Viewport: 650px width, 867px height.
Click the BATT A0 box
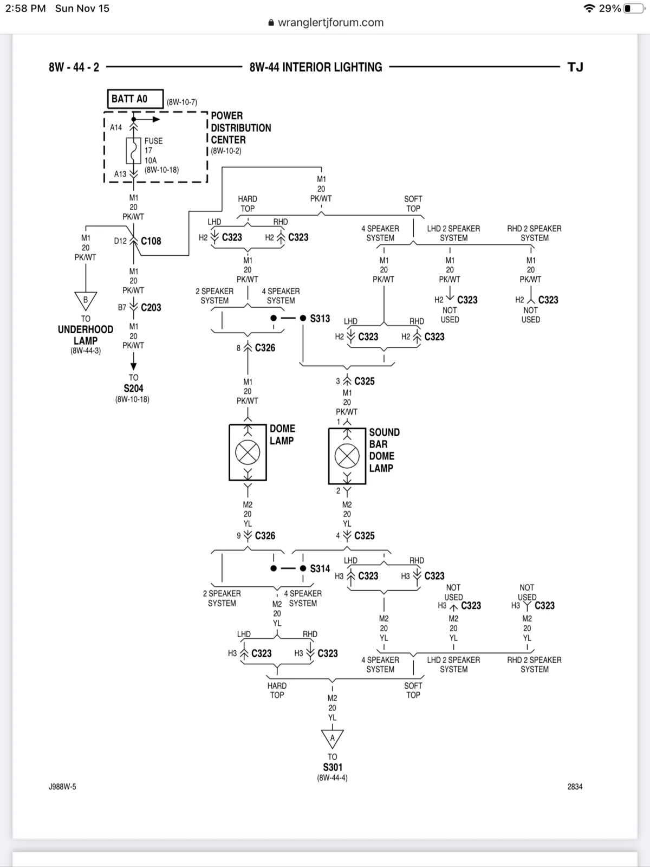135,99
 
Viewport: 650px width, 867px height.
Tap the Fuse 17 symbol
133,151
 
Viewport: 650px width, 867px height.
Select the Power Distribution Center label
240,127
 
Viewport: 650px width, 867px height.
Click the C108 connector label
151,241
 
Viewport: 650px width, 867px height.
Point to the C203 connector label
151,307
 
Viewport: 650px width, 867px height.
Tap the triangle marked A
332,739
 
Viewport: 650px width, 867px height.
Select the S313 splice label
320,319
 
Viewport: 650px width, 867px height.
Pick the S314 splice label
320,568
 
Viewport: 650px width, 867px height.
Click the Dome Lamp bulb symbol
248,452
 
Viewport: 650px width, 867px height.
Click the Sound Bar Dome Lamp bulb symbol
347,456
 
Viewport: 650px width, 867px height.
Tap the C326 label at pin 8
265,347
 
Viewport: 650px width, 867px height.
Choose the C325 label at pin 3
364,381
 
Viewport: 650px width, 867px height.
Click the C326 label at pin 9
265,535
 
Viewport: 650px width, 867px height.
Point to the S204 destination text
133,389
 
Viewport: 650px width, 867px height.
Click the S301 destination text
332,767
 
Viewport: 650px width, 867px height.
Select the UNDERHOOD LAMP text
86,335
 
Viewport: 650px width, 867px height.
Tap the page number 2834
575,786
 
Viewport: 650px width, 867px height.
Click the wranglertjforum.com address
331,23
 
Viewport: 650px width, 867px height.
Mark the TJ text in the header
575,67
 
